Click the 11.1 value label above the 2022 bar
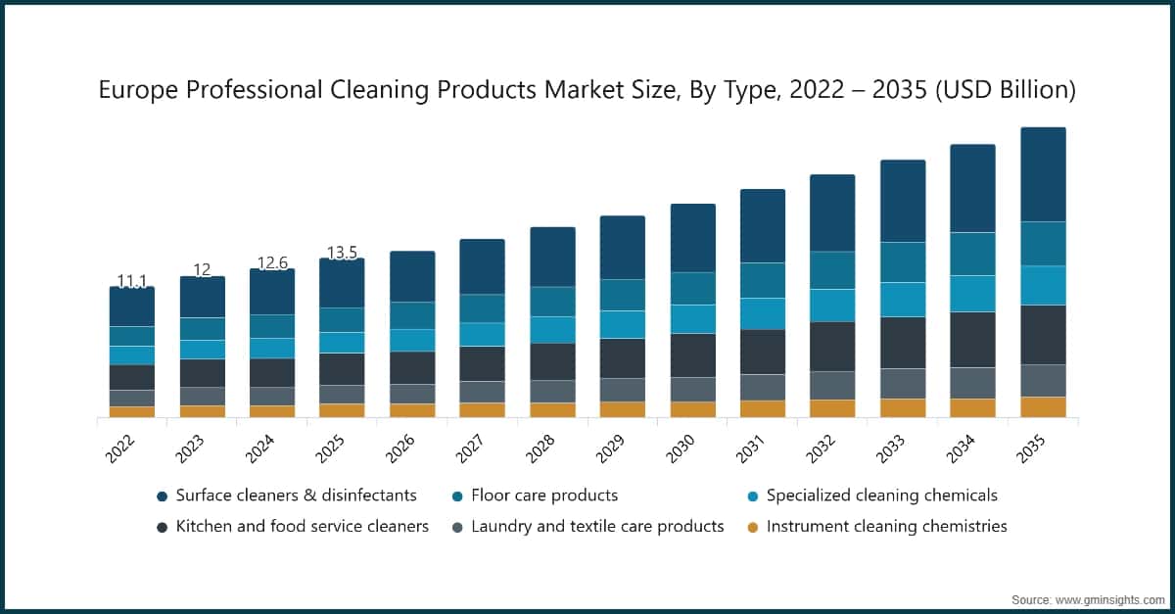(132, 282)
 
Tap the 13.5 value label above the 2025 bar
(342, 253)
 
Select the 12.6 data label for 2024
(272, 262)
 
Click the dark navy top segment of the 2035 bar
(1043, 174)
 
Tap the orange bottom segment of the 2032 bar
(832, 408)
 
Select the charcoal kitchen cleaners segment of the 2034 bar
(973, 340)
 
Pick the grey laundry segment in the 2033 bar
(903, 383)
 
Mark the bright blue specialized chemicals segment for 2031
(763, 313)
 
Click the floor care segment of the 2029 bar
(623, 295)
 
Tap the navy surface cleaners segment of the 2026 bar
(412, 276)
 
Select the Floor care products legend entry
(544, 496)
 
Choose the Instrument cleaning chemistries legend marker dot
(751, 527)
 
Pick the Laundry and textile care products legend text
(597, 527)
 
